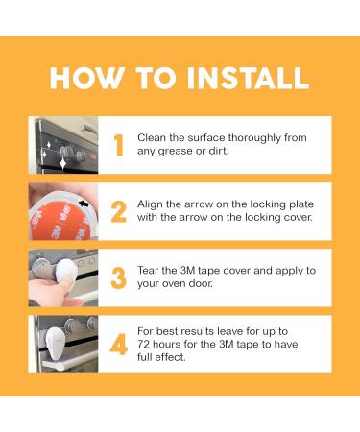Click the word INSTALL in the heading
pos(248,78)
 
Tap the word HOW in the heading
pos(87,78)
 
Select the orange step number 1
pos(119,145)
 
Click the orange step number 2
pos(119,211)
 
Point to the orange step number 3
pos(119,277)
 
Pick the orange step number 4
pos(119,345)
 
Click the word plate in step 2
pos(301,204)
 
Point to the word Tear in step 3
pos(148,271)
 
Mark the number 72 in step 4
pos(143,345)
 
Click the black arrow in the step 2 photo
pos(84,203)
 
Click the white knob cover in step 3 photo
pos(65,271)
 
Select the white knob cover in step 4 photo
pos(55,342)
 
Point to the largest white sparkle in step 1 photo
pos(62,163)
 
